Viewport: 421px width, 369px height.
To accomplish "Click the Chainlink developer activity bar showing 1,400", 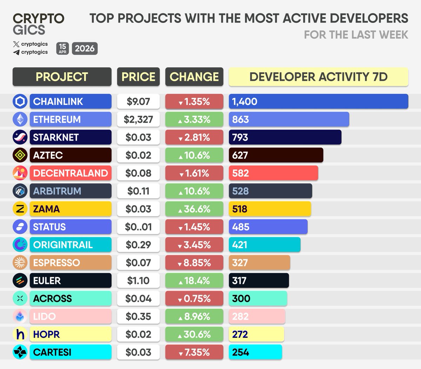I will click(x=318, y=101).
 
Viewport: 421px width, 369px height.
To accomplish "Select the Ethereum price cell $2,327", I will click(x=138, y=119).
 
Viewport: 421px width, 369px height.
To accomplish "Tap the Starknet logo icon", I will click(x=20, y=137).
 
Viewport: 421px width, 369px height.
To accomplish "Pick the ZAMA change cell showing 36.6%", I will click(x=194, y=209).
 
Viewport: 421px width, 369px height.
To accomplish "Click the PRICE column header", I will click(x=138, y=77).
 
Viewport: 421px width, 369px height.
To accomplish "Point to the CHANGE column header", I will click(x=194, y=77).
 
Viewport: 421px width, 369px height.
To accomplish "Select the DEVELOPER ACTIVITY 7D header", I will click(x=318, y=77).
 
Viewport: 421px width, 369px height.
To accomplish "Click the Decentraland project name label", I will click(x=71, y=173).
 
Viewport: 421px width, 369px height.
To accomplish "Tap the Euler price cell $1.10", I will click(x=138, y=281).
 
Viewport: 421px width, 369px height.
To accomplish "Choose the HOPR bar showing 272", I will click(x=256, y=334).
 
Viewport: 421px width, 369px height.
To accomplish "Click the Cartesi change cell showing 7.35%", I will click(x=194, y=352).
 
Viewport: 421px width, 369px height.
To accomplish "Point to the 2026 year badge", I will click(x=85, y=48).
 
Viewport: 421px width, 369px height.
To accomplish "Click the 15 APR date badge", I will click(x=62, y=48).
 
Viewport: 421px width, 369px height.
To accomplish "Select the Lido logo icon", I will click(x=20, y=316).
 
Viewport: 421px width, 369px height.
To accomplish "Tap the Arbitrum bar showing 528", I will click(x=270, y=191).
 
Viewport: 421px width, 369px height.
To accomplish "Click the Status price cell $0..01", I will click(x=138, y=227).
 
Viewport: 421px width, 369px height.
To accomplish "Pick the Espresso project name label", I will click(x=71, y=263).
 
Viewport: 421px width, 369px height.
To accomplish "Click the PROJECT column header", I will click(x=62, y=77).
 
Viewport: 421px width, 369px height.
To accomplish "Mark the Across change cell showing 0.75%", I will click(x=194, y=298).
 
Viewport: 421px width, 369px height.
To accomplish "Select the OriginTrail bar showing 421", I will click(x=264, y=244).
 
